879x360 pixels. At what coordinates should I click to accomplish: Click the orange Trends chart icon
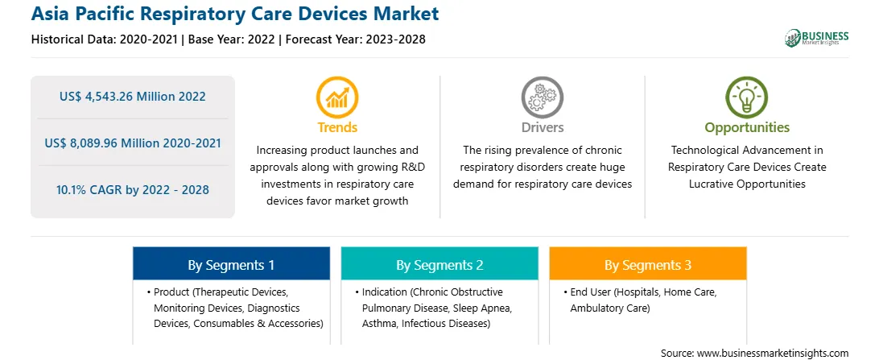[x=337, y=97]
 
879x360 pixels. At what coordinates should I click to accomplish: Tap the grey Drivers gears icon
[x=542, y=97]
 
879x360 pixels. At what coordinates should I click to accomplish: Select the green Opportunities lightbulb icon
[x=747, y=97]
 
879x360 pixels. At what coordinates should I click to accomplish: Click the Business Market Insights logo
[x=817, y=38]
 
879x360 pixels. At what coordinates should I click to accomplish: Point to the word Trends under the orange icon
[x=337, y=127]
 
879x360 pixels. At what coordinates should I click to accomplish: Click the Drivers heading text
[x=543, y=127]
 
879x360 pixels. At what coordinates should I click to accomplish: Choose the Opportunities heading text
[x=747, y=128]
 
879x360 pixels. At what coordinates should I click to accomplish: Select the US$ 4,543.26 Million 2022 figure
[x=133, y=97]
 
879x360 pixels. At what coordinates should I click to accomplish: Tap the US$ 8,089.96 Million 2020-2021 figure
[x=133, y=143]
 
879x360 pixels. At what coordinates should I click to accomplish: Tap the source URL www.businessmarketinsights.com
[x=773, y=353]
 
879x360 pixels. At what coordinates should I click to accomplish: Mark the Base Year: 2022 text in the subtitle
[x=232, y=39]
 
